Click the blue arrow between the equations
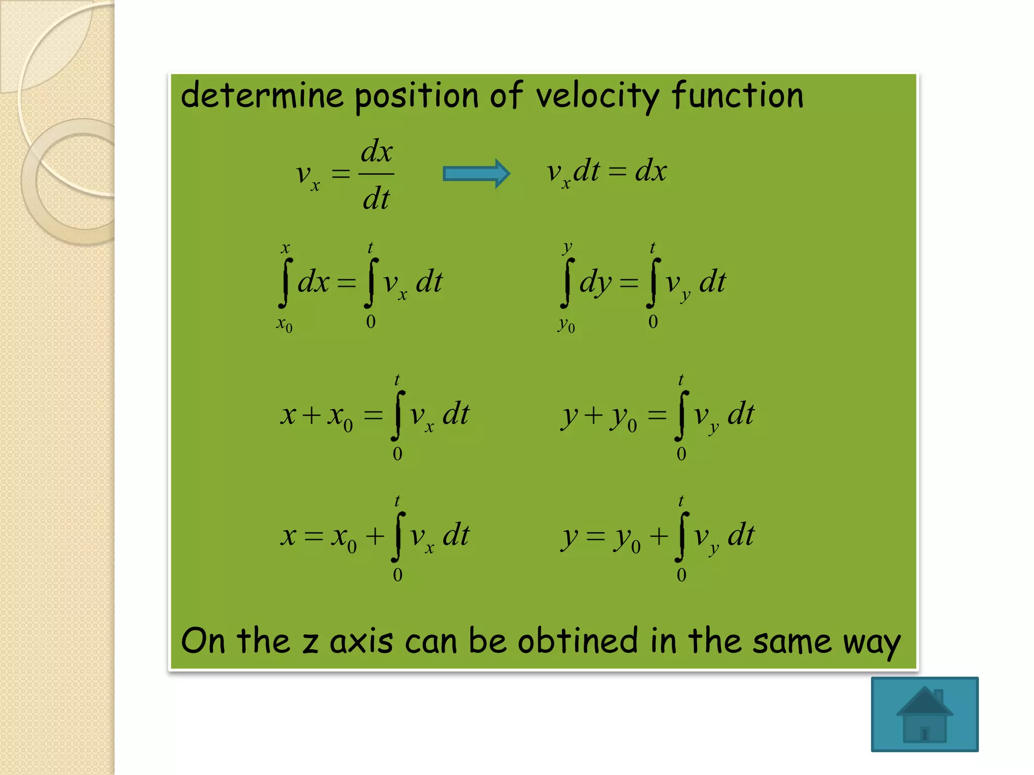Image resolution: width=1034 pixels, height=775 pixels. pyautogui.click(x=476, y=174)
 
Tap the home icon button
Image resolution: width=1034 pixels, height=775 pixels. pyautogui.click(x=924, y=714)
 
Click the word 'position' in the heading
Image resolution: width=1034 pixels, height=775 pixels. pyautogui.click(x=417, y=96)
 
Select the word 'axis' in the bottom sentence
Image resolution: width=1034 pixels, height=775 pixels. pyautogui.click(x=361, y=642)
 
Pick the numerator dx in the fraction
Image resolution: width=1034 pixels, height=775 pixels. pyautogui.click(x=377, y=151)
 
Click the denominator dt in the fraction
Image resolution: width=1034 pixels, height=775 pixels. pyautogui.click(x=376, y=198)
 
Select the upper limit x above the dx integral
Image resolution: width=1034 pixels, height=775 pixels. pyautogui.click(x=285, y=248)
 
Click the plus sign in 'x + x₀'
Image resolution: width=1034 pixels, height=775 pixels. pyautogui.click(x=312, y=415)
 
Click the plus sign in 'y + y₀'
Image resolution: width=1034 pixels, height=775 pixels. pyautogui.click(x=593, y=415)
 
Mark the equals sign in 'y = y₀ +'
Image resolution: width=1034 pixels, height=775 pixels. pyautogui.click(x=596, y=536)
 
